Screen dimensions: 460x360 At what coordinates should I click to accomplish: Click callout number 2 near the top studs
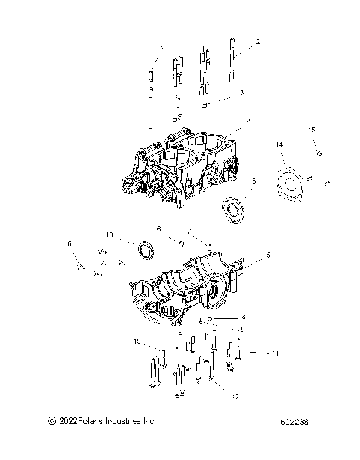[x=258, y=42]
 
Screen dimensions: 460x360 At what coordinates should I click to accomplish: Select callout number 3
[x=241, y=93]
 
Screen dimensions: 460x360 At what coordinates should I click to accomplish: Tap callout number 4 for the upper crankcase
[x=228, y=121]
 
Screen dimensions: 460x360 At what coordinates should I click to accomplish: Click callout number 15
[x=311, y=130]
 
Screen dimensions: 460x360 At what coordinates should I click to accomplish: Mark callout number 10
[x=137, y=342]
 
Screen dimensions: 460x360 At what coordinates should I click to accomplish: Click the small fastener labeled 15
[x=320, y=153]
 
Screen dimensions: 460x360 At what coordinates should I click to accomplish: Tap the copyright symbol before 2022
[x=51, y=423]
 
